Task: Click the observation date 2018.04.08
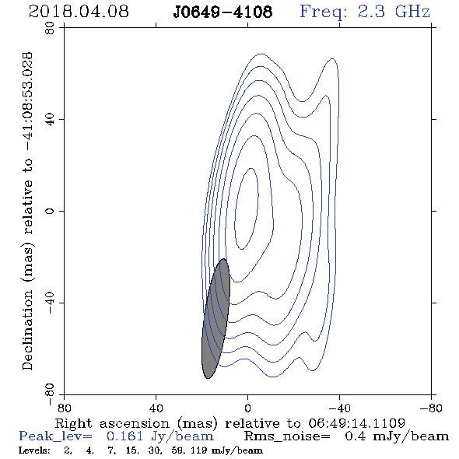[79, 12]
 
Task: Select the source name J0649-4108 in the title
[222, 12]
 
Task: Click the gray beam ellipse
[215, 318]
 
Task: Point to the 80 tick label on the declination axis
[51, 28]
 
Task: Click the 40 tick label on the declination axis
[51, 120]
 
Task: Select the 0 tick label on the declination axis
[51, 211]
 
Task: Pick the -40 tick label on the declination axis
[51, 303]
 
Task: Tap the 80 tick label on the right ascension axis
[64, 408]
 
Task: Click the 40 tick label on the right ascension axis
[156, 408]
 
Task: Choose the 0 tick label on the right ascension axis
[247, 408]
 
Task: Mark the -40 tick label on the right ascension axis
[339, 408]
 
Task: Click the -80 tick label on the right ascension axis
[431, 408]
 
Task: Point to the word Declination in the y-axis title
[27, 330]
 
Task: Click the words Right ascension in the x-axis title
[112, 423]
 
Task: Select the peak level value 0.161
[125, 436]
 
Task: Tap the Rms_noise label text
[287, 436]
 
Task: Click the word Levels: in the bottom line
[34, 450]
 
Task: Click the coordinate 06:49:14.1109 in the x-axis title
[356, 423]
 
